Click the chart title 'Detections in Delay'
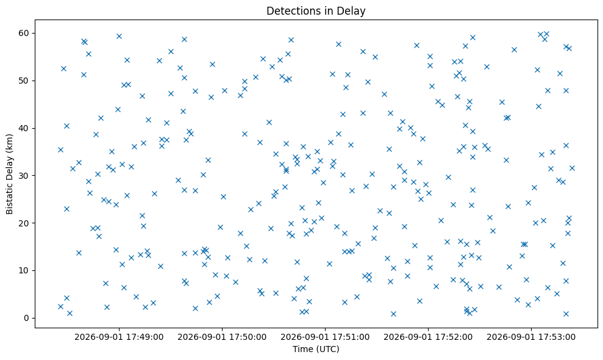(x=316, y=11)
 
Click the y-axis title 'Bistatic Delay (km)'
(x=9, y=174)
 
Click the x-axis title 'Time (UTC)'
(x=316, y=349)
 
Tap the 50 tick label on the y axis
(x=24, y=81)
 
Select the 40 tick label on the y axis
(x=24, y=128)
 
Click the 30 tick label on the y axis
(x=24, y=176)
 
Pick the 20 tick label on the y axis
(x=24, y=223)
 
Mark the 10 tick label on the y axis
(x=24, y=270)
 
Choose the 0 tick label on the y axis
(x=27, y=318)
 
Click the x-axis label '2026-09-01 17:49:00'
(x=119, y=337)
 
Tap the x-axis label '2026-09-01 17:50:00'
(x=222, y=337)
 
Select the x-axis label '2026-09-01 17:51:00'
(x=325, y=337)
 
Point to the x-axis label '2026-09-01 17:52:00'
(x=428, y=337)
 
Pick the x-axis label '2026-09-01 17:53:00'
(x=531, y=337)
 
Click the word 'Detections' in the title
(x=291, y=11)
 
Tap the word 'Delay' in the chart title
(x=352, y=11)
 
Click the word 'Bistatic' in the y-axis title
(x=9, y=199)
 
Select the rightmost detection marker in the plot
(x=573, y=168)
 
